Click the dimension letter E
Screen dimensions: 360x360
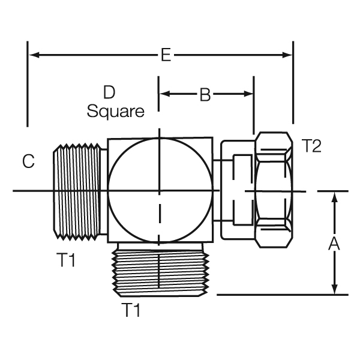(166, 56)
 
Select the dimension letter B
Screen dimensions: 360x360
(205, 95)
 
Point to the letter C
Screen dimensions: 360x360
(28, 161)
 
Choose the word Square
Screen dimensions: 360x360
(116, 112)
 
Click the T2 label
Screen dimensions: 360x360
(311, 146)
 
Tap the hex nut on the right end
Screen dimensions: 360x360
(273, 190)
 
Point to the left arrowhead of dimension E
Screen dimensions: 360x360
(34, 55)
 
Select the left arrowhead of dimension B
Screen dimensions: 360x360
(164, 94)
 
